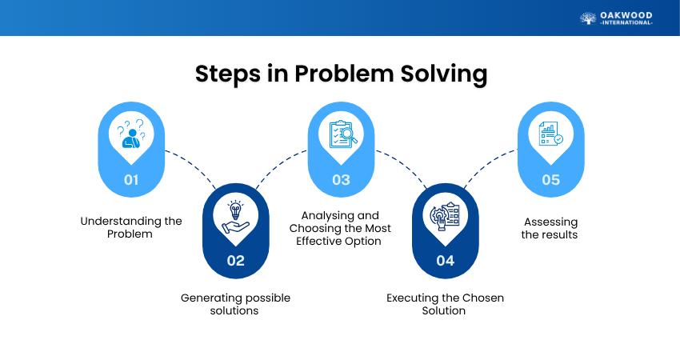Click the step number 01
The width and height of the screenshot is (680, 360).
tap(131, 179)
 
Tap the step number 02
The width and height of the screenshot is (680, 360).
tap(235, 260)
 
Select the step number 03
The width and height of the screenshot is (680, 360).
tap(341, 179)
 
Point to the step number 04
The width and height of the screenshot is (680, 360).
tap(446, 260)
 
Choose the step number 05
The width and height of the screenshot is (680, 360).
tap(550, 179)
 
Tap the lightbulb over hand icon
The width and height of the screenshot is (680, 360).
tap(235, 218)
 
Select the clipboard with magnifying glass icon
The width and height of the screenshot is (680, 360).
tap(343, 134)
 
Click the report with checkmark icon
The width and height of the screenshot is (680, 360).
tap(550, 133)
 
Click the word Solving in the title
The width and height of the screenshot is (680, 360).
tap(444, 74)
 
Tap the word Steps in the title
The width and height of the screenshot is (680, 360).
tap(228, 74)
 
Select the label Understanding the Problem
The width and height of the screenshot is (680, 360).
tap(131, 227)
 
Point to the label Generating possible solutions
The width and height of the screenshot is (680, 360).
tap(235, 304)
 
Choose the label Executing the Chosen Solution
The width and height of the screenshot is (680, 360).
tap(445, 304)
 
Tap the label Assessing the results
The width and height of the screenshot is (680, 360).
tap(550, 228)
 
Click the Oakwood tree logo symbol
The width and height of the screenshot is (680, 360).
tap(588, 18)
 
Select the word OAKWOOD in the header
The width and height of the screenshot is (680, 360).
tap(626, 16)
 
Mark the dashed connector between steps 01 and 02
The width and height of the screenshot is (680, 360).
tap(192, 167)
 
